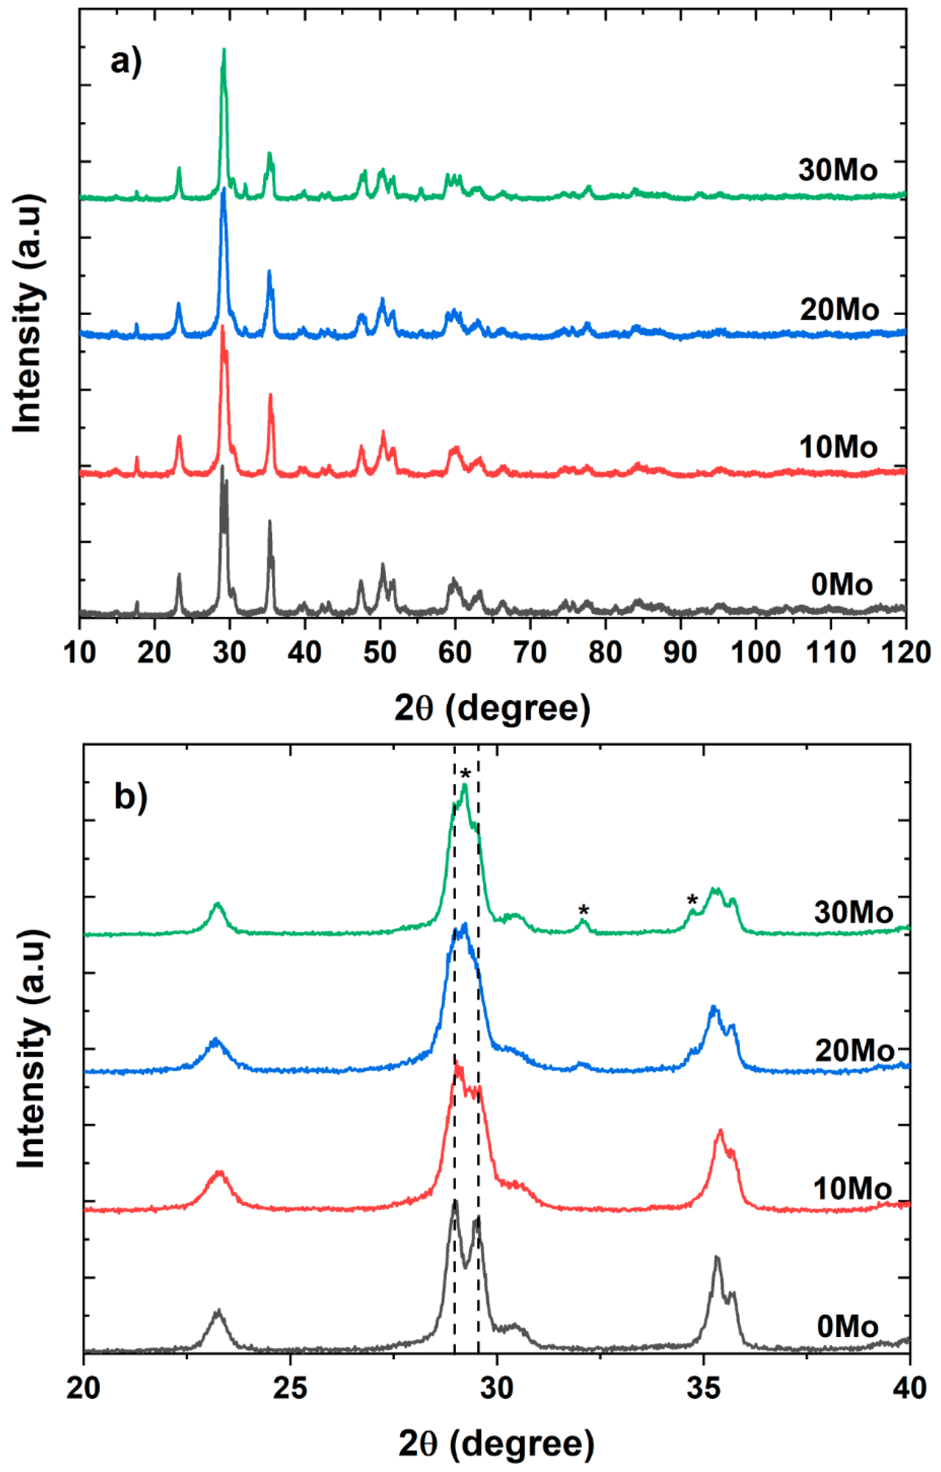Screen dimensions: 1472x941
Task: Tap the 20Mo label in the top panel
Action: [839, 310]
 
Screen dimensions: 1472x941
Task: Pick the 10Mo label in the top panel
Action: [838, 447]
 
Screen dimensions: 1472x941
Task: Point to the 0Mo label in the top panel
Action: [841, 585]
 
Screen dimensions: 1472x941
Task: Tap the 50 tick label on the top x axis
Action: [380, 652]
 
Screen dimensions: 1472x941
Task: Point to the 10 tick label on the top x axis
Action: [80, 652]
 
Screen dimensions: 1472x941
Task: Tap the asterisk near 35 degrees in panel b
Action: [692, 900]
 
